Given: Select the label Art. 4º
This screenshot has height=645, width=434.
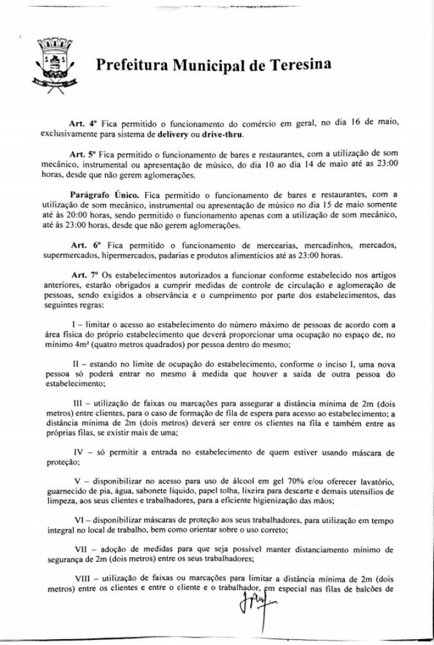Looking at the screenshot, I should pyautogui.click(x=83, y=123).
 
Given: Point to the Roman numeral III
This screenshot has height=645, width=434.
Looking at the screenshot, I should pyautogui.click(x=79, y=402).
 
